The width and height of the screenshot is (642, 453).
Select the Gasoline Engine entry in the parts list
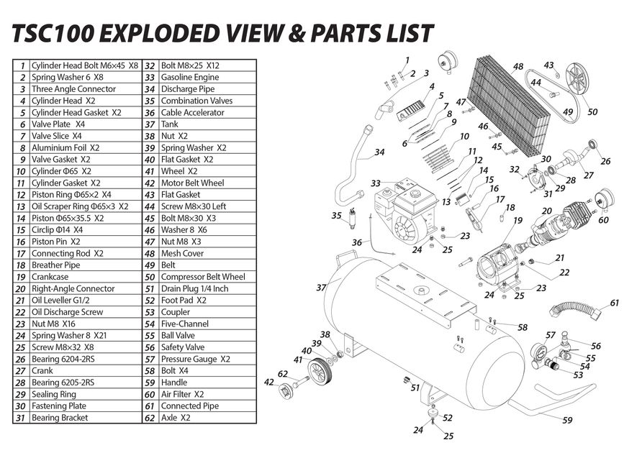click(190, 77)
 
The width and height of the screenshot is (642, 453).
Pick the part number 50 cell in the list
click(150, 277)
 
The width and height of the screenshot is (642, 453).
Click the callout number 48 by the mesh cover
click(517, 67)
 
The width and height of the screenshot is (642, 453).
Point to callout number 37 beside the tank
click(322, 288)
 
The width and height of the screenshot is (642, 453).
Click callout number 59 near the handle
click(567, 421)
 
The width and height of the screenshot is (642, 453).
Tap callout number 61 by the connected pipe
click(614, 303)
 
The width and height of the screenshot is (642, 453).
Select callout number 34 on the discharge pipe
click(379, 152)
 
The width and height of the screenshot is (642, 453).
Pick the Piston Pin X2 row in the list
click(55, 242)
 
